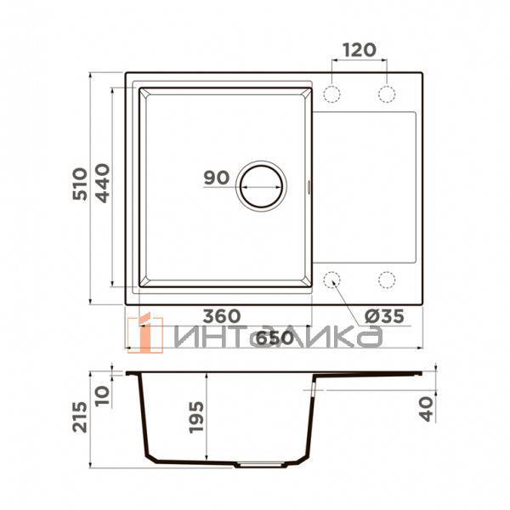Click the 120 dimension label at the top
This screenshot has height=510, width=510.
360,49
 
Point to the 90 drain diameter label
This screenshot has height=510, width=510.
217,178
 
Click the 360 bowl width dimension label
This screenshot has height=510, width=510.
220,316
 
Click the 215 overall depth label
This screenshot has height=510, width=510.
81,416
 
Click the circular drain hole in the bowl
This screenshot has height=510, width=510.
262,184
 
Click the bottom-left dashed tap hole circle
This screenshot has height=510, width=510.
333,278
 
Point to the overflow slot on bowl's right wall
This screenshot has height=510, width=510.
308,184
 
